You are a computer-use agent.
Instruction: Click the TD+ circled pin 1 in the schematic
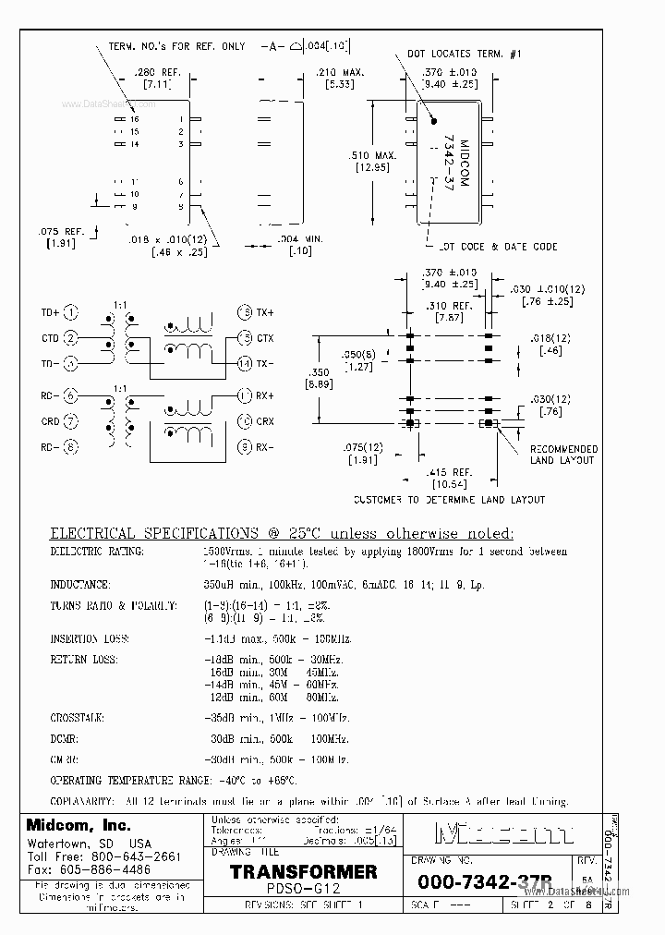[72, 312]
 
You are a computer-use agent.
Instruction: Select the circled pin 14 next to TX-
[244, 363]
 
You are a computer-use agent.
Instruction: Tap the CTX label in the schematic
[265, 338]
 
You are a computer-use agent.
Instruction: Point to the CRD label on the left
[50, 422]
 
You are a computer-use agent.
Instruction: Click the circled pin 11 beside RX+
[244, 396]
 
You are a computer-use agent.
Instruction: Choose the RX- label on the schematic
[265, 447]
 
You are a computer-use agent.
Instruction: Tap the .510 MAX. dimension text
[373, 155]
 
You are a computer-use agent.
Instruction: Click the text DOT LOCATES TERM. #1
[465, 55]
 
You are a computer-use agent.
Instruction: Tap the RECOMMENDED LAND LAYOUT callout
[562, 455]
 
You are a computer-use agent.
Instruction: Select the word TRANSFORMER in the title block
[303, 871]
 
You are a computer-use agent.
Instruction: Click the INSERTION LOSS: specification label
[89, 639]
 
